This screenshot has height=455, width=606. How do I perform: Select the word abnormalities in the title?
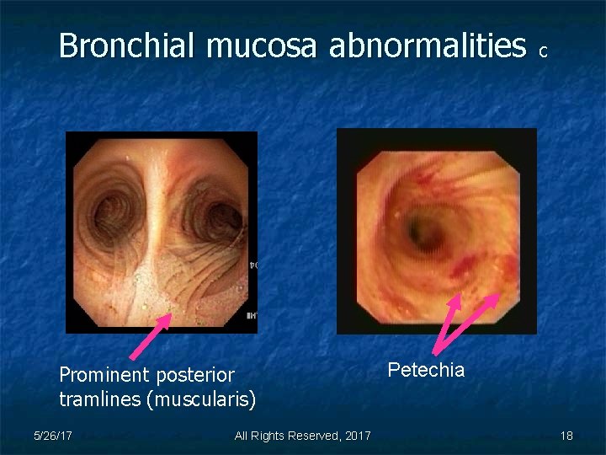427,46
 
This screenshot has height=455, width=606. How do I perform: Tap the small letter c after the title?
544,52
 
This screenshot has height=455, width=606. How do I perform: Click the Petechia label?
426,370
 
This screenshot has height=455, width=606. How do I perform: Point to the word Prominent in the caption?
103,375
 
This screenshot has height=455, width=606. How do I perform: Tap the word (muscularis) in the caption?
201,399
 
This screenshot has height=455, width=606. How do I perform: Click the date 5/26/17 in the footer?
51,436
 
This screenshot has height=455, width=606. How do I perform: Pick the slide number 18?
566,436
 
